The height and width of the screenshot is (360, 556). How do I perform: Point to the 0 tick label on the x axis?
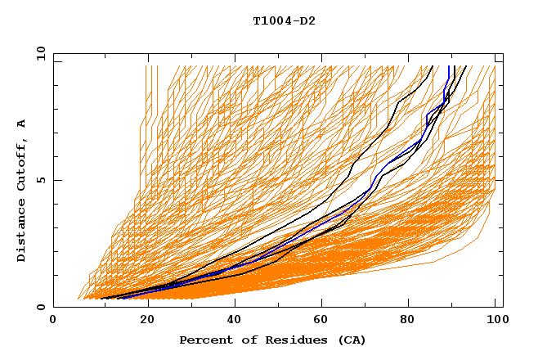click(x=54, y=321)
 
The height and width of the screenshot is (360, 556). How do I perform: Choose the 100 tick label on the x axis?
click(x=495, y=321)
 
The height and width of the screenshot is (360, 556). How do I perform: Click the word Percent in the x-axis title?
click(x=204, y=340)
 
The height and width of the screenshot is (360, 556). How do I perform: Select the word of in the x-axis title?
click(x=244, y=340)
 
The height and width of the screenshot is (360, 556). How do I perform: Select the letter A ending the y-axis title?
click(x=22, y=124)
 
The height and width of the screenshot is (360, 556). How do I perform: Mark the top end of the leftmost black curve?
click(x=432, y=67)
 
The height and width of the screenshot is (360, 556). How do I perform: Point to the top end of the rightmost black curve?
click(x=465, y=67)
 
